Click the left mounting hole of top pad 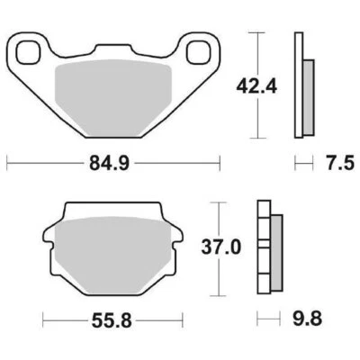click(31, 51)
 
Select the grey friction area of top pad click(114, 99)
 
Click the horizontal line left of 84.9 click(45, 164)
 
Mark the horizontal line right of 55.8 click(162, 318)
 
